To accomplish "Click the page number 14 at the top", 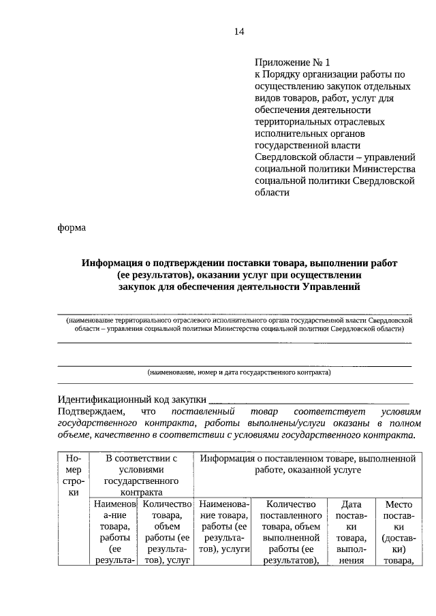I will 238,32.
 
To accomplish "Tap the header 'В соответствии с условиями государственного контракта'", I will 142,476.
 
